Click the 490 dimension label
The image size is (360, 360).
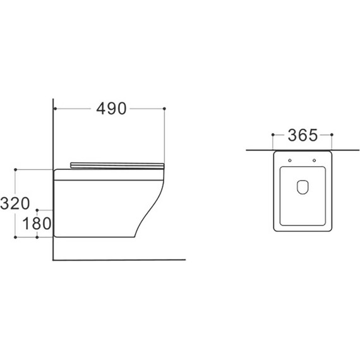[111, 109]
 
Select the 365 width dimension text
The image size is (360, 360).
[303, 135]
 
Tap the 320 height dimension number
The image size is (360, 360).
[15, 203]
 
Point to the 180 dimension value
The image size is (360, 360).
[37, 224]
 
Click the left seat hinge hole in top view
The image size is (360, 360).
[290, 160]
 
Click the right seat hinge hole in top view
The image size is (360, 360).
[314, 160]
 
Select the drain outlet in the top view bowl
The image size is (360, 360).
[303, 187]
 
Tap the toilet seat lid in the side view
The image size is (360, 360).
[117, 165]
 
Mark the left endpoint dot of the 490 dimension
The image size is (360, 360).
[55, 109]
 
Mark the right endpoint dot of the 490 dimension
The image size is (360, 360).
[164, 109]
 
